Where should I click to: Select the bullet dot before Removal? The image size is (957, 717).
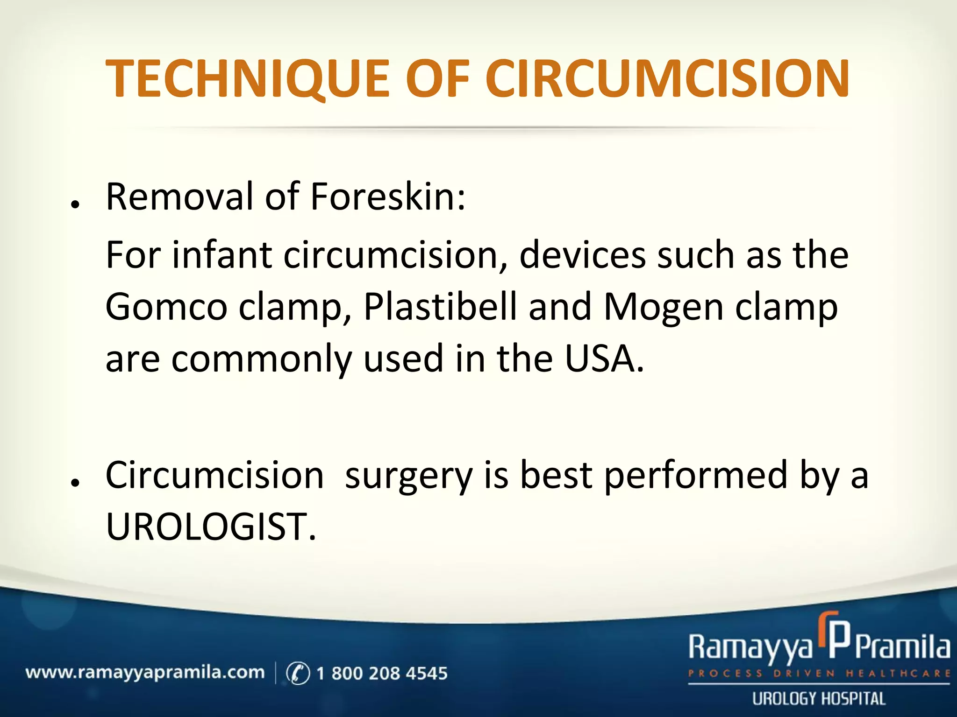74,204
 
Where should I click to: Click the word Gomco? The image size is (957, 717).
166,307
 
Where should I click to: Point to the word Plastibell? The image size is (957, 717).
440,307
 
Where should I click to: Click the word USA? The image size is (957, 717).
604,358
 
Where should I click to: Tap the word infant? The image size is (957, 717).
222,255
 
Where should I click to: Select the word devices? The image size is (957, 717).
582,255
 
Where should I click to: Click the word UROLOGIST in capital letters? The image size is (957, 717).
210,527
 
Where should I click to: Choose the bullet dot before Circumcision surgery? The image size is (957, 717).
74,483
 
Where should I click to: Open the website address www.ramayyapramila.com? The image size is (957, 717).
145,673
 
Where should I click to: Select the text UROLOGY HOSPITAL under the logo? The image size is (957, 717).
819,699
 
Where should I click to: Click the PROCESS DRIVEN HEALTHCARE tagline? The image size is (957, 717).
819,674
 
